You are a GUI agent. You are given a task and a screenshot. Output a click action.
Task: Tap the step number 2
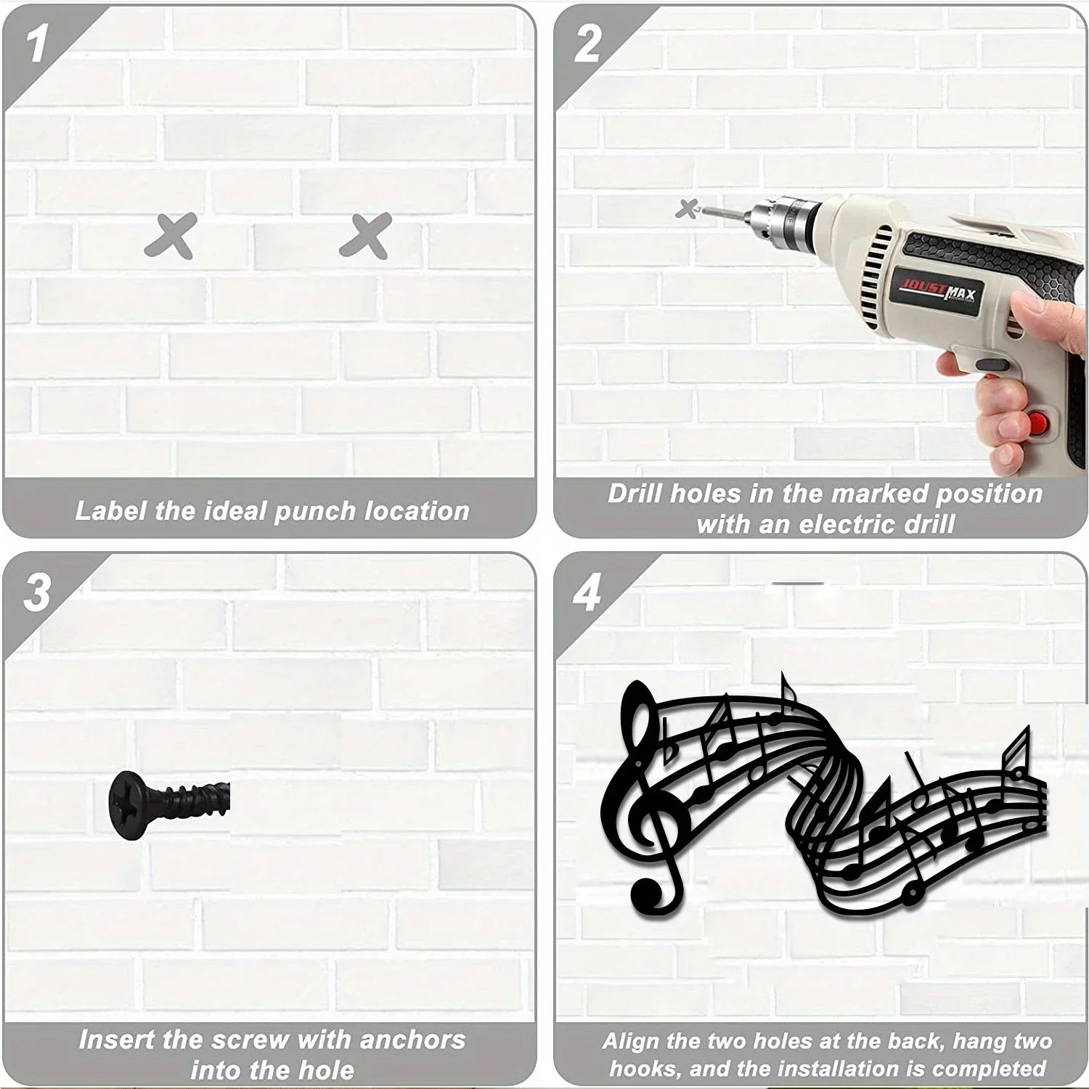587,43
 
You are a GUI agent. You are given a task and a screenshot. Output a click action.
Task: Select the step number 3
36,592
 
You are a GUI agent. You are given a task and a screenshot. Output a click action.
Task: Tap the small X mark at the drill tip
685,208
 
